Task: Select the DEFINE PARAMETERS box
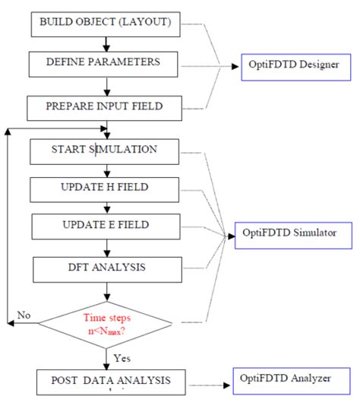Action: point(106,64)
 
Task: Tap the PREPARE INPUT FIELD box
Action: point(106,107)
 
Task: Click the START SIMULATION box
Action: point(106,150)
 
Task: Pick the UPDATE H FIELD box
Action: point(106,188)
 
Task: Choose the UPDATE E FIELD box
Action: point(106,226)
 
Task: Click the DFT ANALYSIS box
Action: point(106,268)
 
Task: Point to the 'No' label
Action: point(24,314)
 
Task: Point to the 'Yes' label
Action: point(122,356)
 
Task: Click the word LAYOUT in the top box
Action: point(150,23)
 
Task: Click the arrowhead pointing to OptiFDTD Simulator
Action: point(227,236)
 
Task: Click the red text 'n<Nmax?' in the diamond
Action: point(106,331)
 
